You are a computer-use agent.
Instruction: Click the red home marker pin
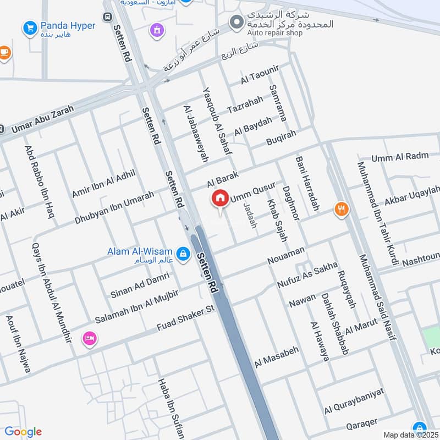point(220,198)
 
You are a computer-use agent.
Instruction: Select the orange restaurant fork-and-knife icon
point(342,209)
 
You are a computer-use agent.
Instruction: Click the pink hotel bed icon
point(89,338)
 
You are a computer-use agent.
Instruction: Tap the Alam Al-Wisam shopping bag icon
point(184,254)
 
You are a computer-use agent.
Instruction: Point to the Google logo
point(23,432)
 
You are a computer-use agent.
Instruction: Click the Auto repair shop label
point(274,33)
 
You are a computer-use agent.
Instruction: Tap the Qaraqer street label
point(361,425)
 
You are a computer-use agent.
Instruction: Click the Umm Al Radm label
point(400,157)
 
